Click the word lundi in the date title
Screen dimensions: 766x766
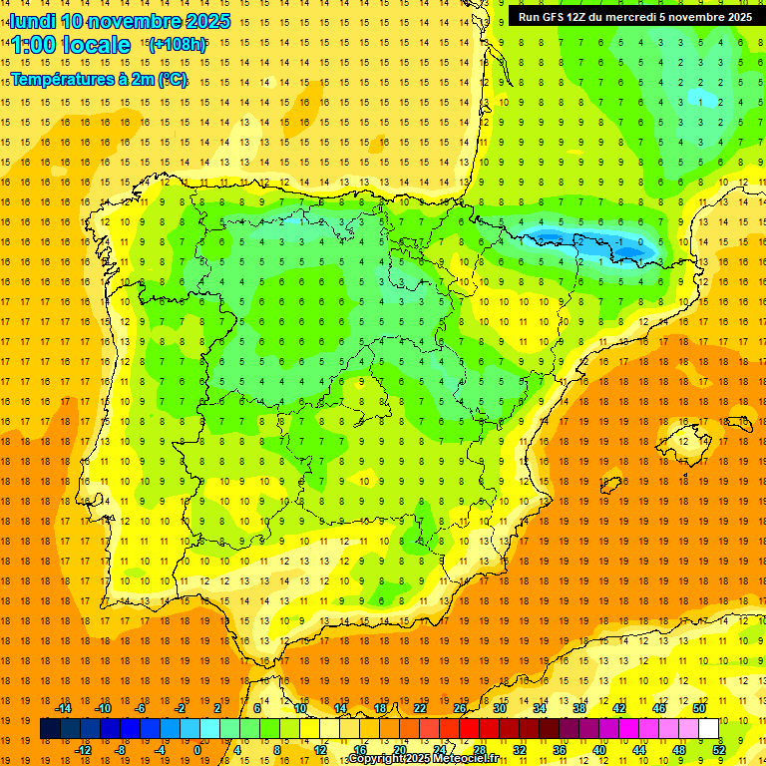(x=32, y=21)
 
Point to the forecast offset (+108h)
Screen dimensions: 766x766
(x=177, y=45)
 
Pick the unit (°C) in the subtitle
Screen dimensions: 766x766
(x=171, y=79)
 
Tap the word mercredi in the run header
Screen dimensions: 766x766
(x=632, y=17)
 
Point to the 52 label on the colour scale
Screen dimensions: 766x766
(x=719, y=750)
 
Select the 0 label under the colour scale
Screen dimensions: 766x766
(x=197, y=750)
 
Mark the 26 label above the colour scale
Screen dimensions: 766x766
(x=460, y=708)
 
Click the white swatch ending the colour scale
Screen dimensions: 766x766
(x=709, y=729)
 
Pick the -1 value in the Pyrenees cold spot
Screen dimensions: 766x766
(x=619, y=241)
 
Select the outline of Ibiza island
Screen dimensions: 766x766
(x=609, y=486)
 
